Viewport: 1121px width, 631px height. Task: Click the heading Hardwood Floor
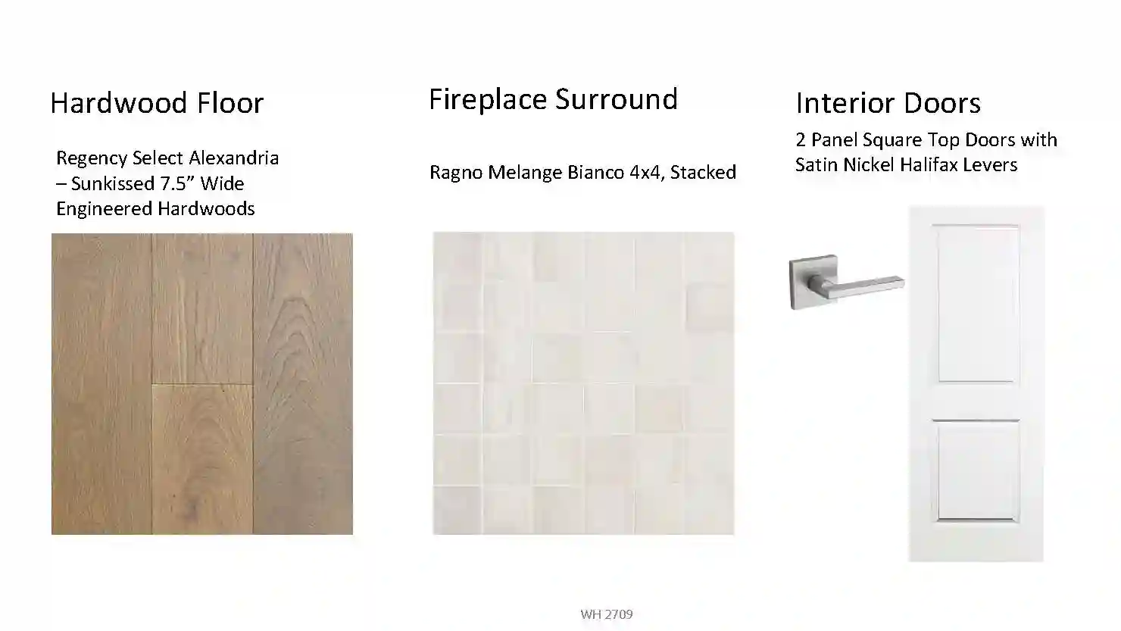point(157,103)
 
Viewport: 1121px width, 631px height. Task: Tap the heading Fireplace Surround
point(553,99)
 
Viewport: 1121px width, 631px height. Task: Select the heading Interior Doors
point(888,103)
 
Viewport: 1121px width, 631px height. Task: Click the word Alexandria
point(234,158)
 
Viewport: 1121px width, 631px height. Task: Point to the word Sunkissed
point(114,183)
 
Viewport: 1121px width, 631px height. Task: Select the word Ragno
point(456,173)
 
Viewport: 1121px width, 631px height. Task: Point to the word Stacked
point(703,172)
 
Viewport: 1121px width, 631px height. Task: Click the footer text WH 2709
point(607,614)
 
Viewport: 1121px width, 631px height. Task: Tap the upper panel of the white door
point(976,303)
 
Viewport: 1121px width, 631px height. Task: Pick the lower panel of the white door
point(976,471)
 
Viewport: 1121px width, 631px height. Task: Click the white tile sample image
point(583,383)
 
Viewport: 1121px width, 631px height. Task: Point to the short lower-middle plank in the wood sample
point(202,459)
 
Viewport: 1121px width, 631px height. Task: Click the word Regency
point(92,158)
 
